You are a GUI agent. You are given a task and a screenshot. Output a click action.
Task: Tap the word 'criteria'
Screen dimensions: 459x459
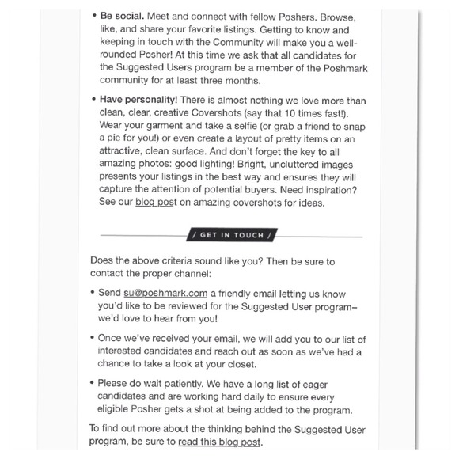(x=179, y=260)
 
